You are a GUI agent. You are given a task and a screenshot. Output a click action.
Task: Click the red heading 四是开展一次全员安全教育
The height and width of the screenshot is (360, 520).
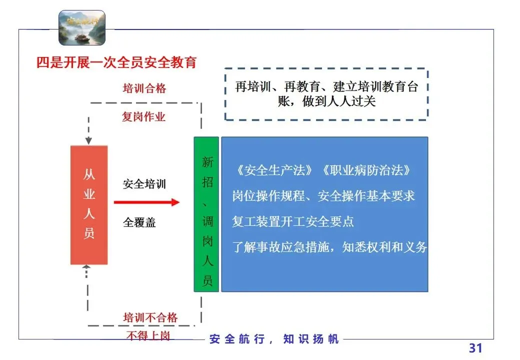[x=116, y=62]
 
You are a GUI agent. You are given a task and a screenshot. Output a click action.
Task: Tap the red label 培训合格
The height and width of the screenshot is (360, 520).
[x=144, y=89]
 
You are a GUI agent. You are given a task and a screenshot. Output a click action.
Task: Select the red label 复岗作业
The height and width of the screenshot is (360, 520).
[x=144, y=117]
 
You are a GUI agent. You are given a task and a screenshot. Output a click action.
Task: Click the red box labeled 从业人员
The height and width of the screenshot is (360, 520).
[x=89, y=204]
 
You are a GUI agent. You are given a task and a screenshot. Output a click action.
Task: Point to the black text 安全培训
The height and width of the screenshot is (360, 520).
[x=144, y=184]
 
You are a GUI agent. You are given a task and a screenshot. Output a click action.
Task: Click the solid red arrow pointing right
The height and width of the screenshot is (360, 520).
[x=146, y=202]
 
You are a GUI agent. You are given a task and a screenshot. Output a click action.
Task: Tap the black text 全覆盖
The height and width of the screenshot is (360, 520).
[x=139, y=222]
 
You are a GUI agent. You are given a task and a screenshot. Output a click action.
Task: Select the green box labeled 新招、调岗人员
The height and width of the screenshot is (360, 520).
[x=206, y=214]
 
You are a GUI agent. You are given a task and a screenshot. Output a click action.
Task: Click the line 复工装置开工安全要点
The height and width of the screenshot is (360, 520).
[x=293, y=221]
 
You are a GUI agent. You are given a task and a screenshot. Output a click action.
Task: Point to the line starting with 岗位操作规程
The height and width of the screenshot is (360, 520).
[x=323, y=195]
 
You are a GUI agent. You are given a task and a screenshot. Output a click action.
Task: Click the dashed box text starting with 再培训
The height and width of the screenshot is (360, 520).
[x=326, y=94]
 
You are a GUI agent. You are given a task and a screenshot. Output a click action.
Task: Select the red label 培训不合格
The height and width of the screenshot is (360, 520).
[x=150, y=317]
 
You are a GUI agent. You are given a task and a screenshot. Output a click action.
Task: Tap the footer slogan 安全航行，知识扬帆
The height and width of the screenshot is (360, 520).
[x=274, y=339]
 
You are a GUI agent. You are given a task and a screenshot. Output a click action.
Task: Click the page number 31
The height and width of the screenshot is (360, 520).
[x=475, y=348]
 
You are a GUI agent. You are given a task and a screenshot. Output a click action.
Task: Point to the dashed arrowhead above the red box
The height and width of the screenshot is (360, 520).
[x=88, y=141]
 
